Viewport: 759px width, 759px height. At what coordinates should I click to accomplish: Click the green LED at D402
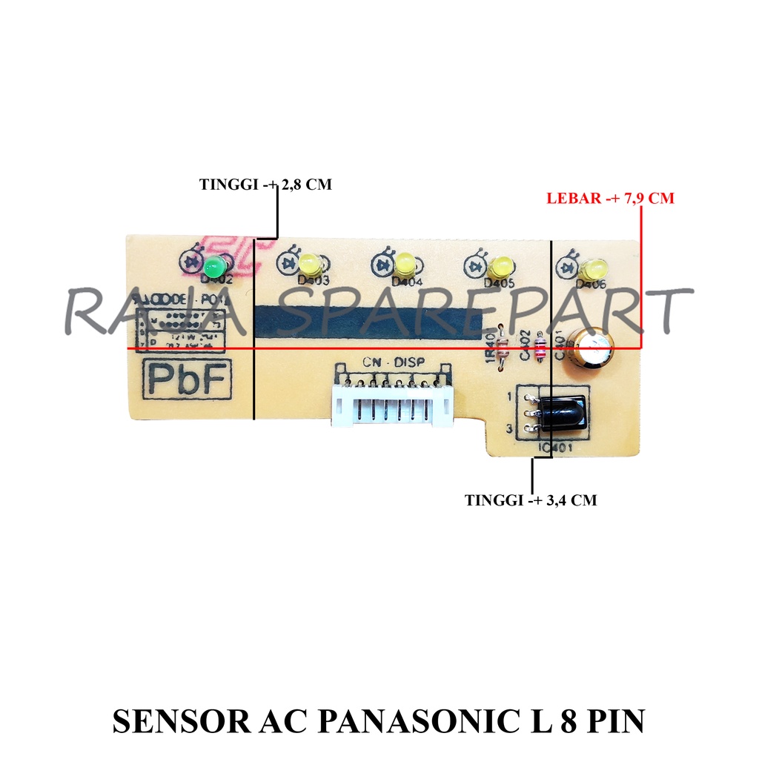click(x=215, y=267)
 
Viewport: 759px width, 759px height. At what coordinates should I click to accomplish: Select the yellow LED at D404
click(x=405, y=262)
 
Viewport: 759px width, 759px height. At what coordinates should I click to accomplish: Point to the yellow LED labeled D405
click(x=500, y=265)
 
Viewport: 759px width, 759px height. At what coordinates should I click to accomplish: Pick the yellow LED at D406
click(x=594, y=268)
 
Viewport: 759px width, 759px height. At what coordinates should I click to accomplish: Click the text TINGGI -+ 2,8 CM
click(x=265, y=185)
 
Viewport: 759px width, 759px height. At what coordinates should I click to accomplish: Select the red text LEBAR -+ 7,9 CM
click(x=610, y=199)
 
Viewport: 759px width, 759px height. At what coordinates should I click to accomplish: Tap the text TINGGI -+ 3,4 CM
click(x=531, y=500)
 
